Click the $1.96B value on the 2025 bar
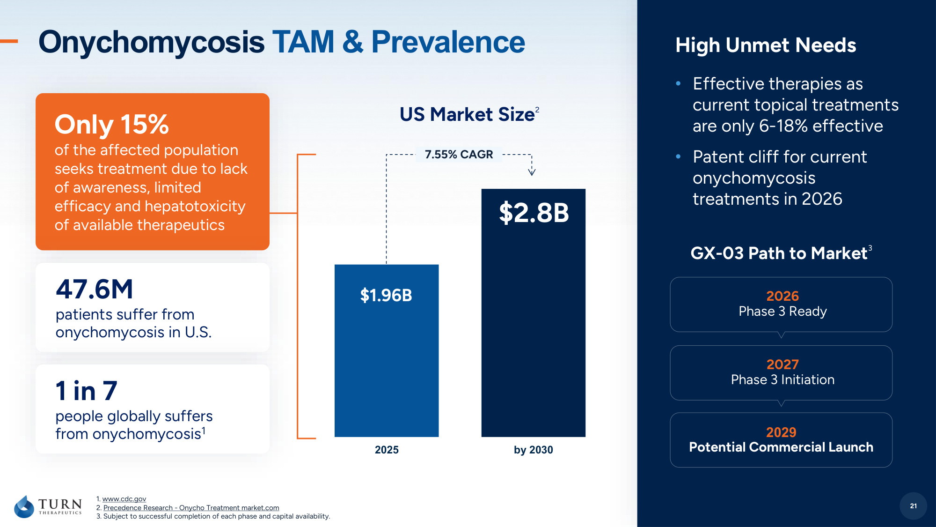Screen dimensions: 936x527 pyautogui.click(x=386, y=296)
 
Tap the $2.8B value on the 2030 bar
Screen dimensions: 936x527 pyautogui.click(x=534, y=213)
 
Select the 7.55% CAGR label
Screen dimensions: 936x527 pyautogui.click(x=459, y=155)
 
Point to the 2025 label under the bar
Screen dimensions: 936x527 pyautogui.click(x=387, y=450)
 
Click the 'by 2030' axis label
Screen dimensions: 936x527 pyautogui.click(x=534, y=450)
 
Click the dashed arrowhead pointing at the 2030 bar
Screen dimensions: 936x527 pyautogui.click(x=532, y=171)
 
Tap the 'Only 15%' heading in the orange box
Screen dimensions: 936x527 pyautogui.click(x=111, y=125)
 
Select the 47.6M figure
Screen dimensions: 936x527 pyautogui.click(x=95, y=289)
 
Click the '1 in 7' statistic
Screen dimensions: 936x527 pyautogui.click(x=87, y=391)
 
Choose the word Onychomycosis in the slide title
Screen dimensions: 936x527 pyautogui.click(x=152, y=42)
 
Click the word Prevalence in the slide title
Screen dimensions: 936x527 pyautogui.click(x=448, y=42)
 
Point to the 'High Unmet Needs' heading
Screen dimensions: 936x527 pyautogui.click(x=766, y=45)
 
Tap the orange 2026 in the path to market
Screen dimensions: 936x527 pyautogui.click(x=782, y=296)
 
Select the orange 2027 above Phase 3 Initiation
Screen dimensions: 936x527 pyautogui.click(x=782, y=364)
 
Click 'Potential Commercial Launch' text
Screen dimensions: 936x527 pyautogui.click(x=781, y=447)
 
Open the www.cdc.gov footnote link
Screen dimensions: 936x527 pyautogui.click(x=124, y=499)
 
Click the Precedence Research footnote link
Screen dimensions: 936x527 pyautogui.click(x=191, y=508)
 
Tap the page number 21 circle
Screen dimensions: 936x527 pyautogui.click(x=913, y=506)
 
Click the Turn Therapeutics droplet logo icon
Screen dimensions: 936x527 pyautogui.click(x=24, y=506)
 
